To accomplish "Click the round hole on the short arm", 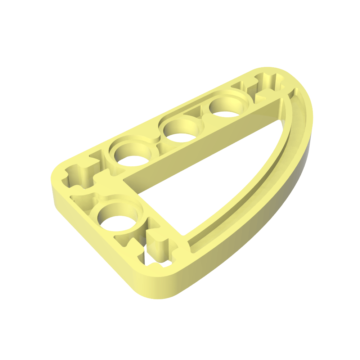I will (x=116, y=218).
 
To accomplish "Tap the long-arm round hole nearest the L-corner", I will (x=131, y=153).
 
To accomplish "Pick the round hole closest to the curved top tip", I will (x=228, y=107).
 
